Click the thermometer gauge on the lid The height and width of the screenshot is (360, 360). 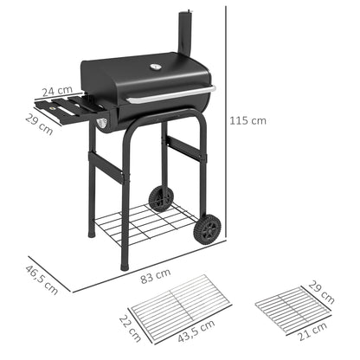point(156,67)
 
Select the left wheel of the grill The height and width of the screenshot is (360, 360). point(160,198)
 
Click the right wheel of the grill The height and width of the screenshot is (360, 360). point(209,228)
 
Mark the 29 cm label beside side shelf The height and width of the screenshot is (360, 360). point(39,124)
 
